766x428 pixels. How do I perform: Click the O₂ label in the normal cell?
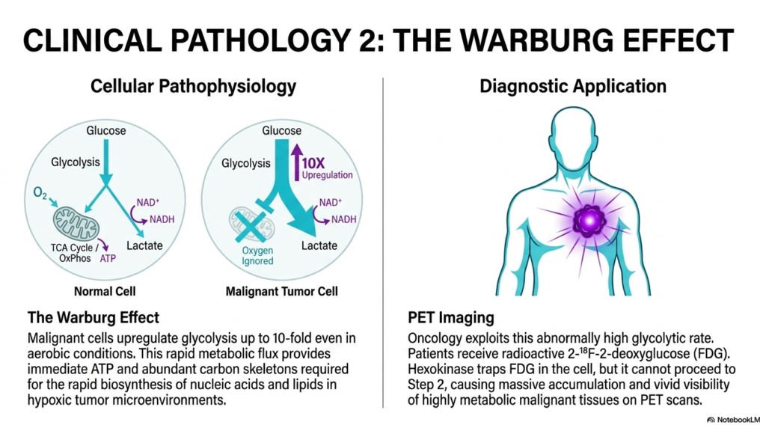click(x=40, y=194)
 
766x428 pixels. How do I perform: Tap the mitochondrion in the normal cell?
click(x=76, y=223)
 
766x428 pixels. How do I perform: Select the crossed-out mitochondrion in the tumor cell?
click(x=251, y=224)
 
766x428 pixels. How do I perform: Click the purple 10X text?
click(x=313, y=162)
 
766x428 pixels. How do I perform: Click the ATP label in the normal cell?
click(x=108, y=258)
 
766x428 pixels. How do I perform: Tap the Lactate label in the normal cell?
click(x=144, y=245)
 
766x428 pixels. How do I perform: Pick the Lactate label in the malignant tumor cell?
click(x=319, y=245)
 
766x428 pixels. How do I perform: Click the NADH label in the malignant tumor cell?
click(x=344, y=219)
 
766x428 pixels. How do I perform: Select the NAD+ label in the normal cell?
click(x=148, y=202)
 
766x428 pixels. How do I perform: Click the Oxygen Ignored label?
click(x=257, y=256)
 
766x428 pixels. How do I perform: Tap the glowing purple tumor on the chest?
click(x=589, y=221)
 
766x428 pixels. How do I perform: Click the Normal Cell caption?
click(x=105, y=291)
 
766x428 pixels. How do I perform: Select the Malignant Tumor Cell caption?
click(x=281, y=291)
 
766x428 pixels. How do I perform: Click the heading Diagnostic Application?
click(x=572, y=86)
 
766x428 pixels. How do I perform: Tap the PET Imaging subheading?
click(x=451, y=317)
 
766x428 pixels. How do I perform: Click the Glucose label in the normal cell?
click(x=106, y=130)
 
